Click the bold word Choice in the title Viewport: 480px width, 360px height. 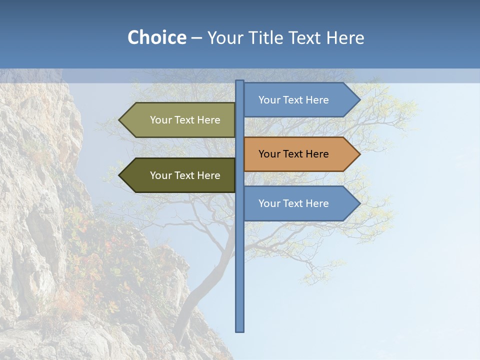[x=156, y=38]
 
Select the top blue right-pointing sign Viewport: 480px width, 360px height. [x=295, y=100]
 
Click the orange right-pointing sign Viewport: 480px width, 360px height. [x=295, y=154]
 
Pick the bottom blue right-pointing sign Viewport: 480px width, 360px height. [x=295, y=203]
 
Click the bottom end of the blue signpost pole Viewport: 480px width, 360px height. [x=240, y=330]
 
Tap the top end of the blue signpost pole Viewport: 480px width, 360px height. [x=240, y=82]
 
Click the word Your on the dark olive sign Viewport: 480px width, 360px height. [x=160, y=175]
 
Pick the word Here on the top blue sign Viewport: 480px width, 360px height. [x=316, y=100]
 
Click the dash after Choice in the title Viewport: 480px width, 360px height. [x=196, y=38]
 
